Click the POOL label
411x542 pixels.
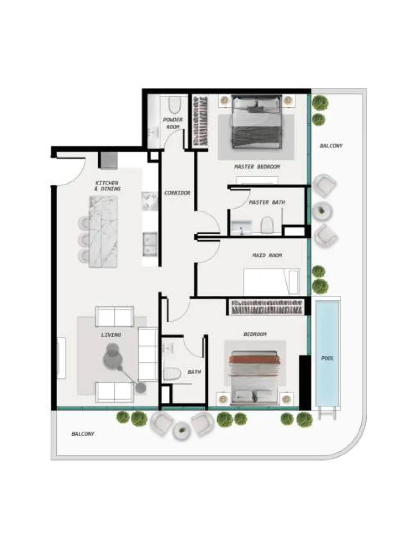(327, 358)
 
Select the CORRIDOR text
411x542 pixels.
(177, 193)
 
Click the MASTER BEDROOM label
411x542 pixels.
(257, 167)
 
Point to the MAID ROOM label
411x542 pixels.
(267, 255)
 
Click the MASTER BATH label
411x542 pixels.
(267, 202)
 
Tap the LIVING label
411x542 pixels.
(111, 335)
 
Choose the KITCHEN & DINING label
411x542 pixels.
(108, 186)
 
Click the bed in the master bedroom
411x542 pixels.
(257, 123)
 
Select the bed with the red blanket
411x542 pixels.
(254, 377)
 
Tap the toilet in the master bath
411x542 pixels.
(266, 225)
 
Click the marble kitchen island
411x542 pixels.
(103, 231)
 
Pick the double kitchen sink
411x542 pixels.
(150, 244)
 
